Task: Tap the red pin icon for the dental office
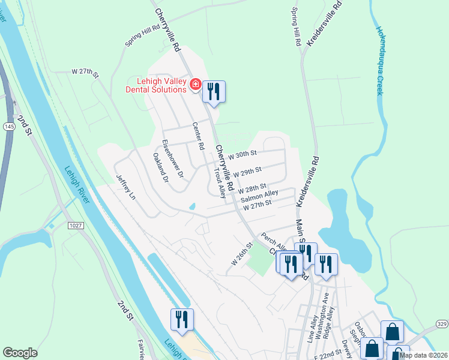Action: point(194,85)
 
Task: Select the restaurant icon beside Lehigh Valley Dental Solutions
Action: point(214,92)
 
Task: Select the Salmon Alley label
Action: point(259,196)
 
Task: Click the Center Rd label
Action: point(198,136)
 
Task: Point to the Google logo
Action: point(20,353)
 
